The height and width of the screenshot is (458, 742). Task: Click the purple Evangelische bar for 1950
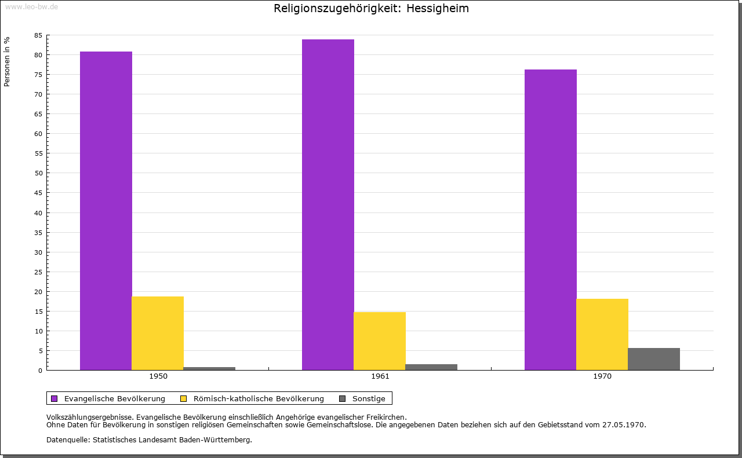pos(106,211)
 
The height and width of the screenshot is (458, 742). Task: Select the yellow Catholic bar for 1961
pos(380,341)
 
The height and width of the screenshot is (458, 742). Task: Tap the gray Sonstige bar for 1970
pos(654,359)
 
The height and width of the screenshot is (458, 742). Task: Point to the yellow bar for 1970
pos(602,334)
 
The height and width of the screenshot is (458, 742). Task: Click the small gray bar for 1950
pos(209,368)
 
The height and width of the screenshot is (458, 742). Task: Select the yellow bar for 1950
pos(158,333)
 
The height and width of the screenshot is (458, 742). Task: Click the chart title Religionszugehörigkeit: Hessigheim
pos(371,8)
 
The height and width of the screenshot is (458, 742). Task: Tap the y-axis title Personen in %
pos(7,61)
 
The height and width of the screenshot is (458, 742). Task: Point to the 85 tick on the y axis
pos(38,35)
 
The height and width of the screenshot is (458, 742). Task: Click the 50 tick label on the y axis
pos(38,173)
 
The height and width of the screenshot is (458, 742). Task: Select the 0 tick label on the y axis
pos(41,371)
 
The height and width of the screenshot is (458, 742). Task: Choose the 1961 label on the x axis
pos(380,376)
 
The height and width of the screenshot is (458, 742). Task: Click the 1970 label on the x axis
pos(602,376)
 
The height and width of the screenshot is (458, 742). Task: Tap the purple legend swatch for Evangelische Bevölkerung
pos(54,398)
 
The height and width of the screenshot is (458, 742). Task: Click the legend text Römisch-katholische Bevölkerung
pos(259,398)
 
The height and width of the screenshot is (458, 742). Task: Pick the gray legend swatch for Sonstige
pos(342,398)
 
